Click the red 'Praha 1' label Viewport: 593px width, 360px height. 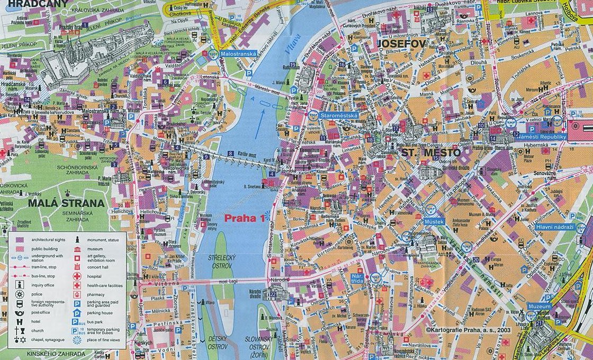[245, 218]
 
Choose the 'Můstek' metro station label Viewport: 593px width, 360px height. [434, 221]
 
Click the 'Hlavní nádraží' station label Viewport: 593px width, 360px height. [555, 227]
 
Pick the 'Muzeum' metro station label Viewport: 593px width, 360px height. [539, 306]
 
